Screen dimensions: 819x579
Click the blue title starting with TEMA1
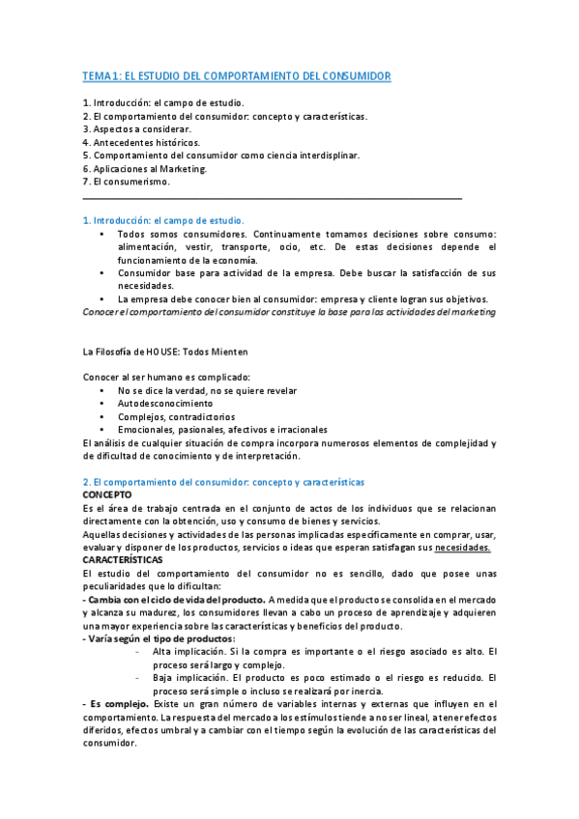237,75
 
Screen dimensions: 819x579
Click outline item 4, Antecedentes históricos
142,142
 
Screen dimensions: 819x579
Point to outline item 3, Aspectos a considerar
137,128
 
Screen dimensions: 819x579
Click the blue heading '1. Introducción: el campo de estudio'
163,220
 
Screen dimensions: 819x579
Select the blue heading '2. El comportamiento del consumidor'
223,481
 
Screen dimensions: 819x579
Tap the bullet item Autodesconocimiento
165,404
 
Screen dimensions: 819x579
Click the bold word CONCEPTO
106,494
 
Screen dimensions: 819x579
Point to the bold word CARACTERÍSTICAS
123,559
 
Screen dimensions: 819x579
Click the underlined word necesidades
463,547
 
